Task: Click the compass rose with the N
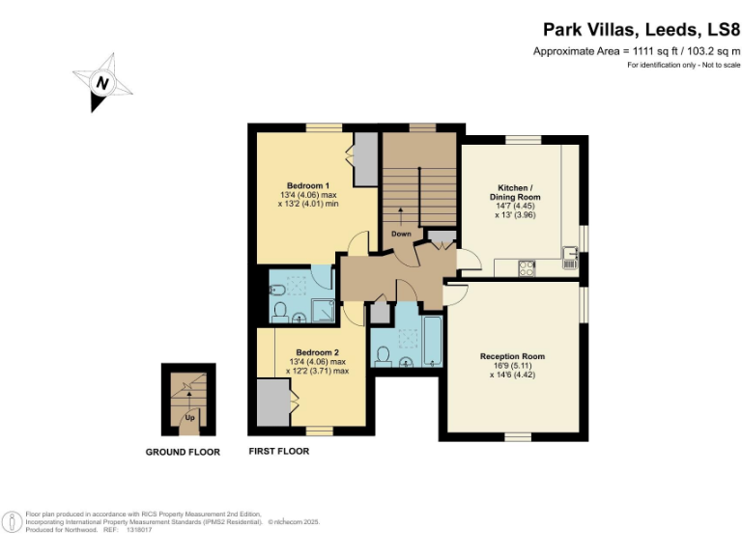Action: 101,83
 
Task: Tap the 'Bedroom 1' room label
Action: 308,185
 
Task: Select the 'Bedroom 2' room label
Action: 318,352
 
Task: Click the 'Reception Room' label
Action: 512,356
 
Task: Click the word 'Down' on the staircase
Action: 401,234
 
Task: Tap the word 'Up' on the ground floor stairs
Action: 189,418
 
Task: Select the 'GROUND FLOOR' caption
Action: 183,452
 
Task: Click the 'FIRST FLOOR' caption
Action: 279,452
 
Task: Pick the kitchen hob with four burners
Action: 528,267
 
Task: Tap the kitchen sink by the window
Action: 570,256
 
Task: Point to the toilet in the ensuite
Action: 280,311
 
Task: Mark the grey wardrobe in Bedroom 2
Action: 272,402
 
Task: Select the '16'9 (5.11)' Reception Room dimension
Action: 512,366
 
